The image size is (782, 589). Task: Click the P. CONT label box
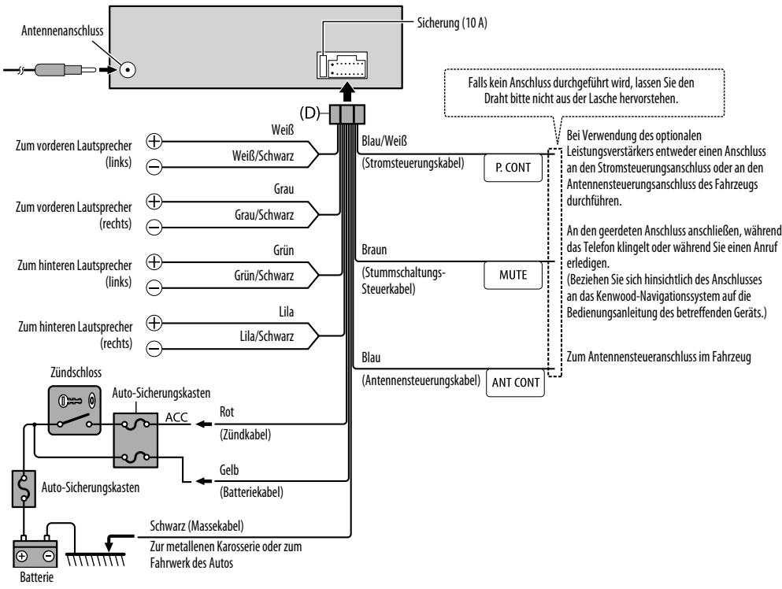513,168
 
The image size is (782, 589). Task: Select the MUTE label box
513,275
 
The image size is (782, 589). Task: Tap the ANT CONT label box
515,383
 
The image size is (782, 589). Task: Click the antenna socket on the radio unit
127,69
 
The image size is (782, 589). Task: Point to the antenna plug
65,69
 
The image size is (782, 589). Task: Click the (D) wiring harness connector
347,114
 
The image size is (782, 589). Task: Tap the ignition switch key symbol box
75,409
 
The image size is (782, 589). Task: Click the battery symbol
35,553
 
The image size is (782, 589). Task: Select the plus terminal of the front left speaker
154,141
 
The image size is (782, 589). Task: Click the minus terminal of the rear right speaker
154,348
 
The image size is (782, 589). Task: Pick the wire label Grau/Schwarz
265,215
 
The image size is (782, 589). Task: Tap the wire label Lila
287,312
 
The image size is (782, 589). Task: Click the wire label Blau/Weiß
384,141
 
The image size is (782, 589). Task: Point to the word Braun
374,250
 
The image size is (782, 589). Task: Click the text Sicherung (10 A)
452,23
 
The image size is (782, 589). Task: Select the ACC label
176,417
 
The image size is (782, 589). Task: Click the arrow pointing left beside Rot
203,424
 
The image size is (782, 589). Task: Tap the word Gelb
229,470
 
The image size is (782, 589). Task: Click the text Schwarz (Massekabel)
197,526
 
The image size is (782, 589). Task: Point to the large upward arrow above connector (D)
347,92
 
